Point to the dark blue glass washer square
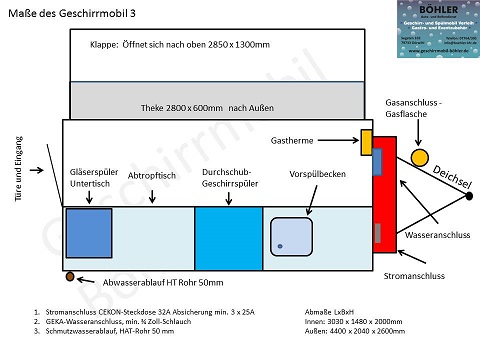(88, 238)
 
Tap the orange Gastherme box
(367, 142)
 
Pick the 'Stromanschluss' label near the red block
(416, 272)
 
